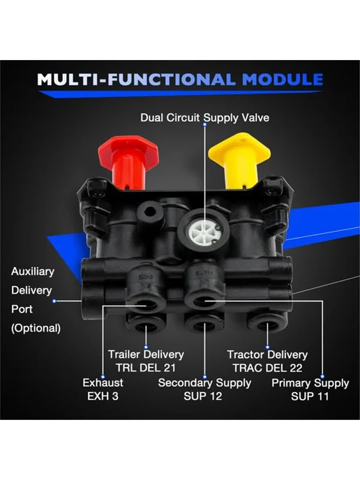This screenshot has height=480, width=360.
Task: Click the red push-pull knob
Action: [x=128, y=163]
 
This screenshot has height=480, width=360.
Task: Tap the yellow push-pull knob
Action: [x=239, y=160]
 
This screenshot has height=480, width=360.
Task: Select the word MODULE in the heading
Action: [x=283, y=80]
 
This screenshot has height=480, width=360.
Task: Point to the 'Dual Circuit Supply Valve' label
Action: [x=205, y=117]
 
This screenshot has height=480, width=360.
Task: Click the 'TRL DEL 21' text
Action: [x=146, y=368]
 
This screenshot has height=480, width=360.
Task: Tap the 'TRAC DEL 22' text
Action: [x=267, y=368]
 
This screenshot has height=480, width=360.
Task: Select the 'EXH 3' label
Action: [x=103, y=396]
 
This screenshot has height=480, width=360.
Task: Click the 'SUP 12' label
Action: [x=202, y=396]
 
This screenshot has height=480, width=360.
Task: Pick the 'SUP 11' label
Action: [x=310, y=396]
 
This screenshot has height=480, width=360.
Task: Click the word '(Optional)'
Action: [x=36, y=328]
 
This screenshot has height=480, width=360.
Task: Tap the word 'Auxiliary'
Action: [x=33, y=271]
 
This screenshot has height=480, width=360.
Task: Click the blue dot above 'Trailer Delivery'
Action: [x=146, y=347]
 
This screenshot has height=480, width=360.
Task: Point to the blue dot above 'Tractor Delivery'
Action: [x=267, y=347]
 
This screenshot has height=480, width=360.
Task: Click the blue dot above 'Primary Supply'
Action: [x=322, y=376]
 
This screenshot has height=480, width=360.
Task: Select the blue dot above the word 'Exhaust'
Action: [x=103, y=377]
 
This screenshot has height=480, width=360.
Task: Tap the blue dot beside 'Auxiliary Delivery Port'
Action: [x=54, y=301]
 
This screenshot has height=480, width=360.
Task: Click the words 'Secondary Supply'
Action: [x=204, y=383]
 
